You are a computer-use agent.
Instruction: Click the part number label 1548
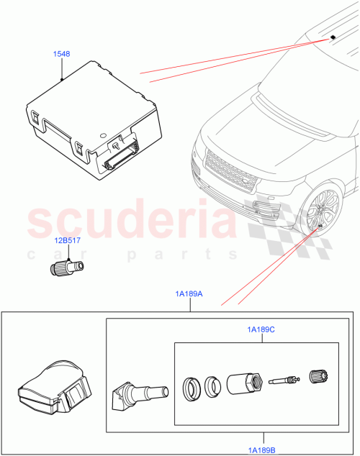(x=62, y=54)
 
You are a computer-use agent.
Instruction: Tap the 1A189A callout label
(x=189, y=293)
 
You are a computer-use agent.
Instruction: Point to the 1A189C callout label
(x=261, y=329)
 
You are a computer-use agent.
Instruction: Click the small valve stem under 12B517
(x=67, y=268)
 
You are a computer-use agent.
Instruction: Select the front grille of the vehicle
(x=228, y=180)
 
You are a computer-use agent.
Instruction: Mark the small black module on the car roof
(x=334, y=37)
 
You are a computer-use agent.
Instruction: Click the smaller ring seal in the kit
(x=212, y=387)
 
